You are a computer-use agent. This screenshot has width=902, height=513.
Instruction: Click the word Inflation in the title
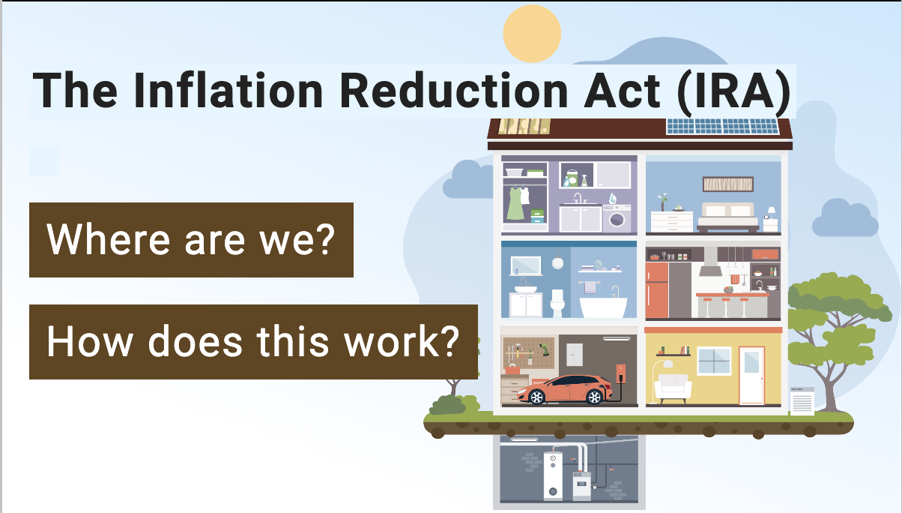click(228, 90)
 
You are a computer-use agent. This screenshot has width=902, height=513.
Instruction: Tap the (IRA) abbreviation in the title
click(734, 91)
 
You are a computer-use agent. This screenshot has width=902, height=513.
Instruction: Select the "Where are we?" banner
click(191, 240)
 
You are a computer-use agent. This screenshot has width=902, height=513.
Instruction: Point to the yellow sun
click(532, 34)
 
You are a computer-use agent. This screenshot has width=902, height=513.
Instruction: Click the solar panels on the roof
click(723, 127)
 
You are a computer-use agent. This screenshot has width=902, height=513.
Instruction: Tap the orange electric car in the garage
click(563, 390)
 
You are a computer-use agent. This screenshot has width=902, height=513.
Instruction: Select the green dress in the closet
click(515, 203)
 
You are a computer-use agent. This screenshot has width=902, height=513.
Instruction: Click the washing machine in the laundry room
click(617, 218)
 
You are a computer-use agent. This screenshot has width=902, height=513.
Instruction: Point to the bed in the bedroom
click(727, 217)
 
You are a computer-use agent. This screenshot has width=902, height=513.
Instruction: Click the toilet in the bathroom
click(557, 303)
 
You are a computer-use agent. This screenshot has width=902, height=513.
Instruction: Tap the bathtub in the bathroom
click(603, 307)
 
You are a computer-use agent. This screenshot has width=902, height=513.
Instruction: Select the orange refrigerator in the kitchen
click(657, 290)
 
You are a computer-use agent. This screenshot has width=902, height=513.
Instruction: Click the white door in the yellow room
click(752, 376)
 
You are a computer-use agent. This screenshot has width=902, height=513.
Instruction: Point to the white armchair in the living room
click(673, 388)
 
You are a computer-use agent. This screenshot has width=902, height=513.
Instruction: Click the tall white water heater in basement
click(553, 476)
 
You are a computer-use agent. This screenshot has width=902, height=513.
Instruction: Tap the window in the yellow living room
click(714, 361)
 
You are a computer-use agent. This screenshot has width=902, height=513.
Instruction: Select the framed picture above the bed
click(728, 184)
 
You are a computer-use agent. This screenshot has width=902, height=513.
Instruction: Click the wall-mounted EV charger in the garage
click(621, 373)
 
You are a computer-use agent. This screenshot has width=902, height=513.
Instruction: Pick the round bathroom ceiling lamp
click(557, 262)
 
